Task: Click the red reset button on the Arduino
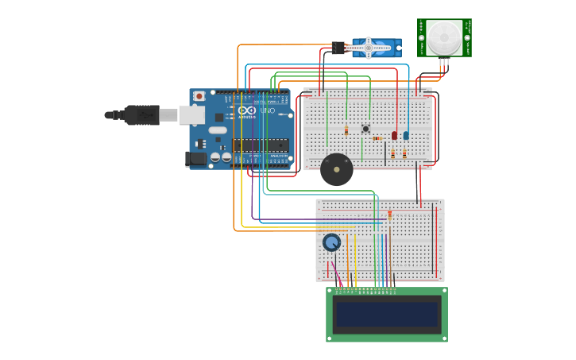199,96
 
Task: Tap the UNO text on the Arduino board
267,111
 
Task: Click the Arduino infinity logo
246,110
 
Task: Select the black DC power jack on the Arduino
196,159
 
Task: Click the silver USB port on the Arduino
191,115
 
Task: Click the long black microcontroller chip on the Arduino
260,145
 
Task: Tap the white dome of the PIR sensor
443,37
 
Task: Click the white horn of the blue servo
368,48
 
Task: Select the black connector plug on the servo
338,48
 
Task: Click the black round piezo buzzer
337,169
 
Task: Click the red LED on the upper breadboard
394,135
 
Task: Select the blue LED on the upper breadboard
406,135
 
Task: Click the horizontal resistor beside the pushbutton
377,137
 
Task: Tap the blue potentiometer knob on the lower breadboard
331,242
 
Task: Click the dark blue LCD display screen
387,314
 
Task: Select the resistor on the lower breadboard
389,214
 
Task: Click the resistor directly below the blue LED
404,153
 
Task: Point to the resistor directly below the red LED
392,153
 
